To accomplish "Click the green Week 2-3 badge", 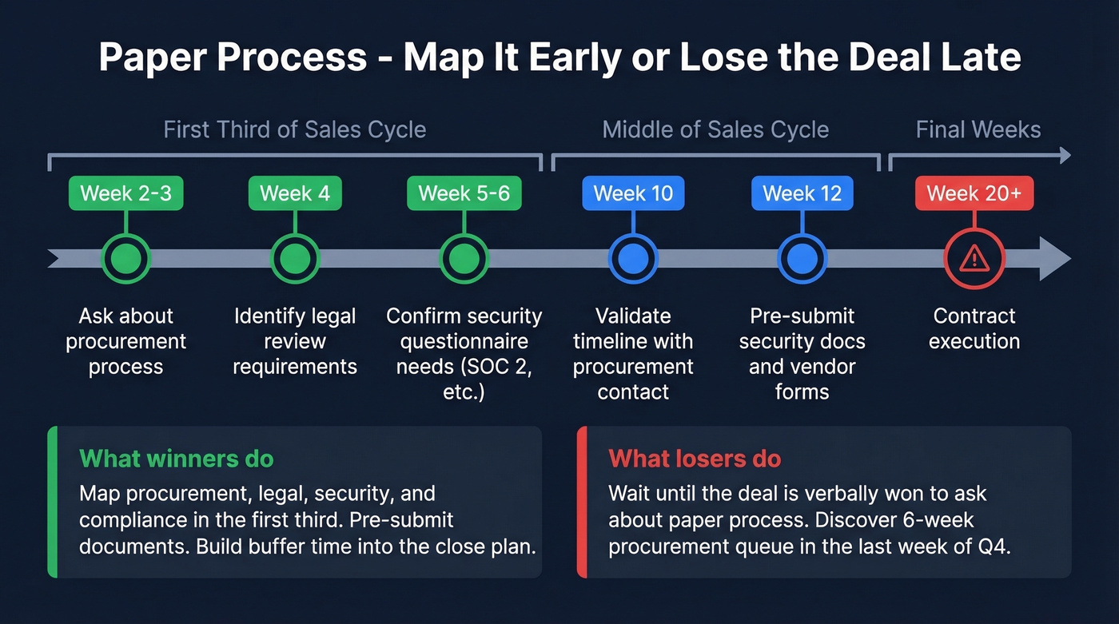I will click(x=126, y=193).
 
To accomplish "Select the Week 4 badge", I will click(x=295, y=193).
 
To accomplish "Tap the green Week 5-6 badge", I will click(x=464, y=193).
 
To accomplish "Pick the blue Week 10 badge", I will click(x=633, y=193).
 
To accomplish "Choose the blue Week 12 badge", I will click(x=802, y=193).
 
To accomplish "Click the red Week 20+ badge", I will click(x=974, y=193).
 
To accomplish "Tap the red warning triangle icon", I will click(x=974, y=258).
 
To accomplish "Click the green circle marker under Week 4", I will click(x=295, y=258).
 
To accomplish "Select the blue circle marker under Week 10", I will click(x=633, y=258).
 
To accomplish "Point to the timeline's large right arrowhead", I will click(x=1053, y=258).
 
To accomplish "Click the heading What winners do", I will click(x=177, y=459).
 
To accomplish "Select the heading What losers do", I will click(x=695, y=459).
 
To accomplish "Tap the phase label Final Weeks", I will click(x=978, y=129).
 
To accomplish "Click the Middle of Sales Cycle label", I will click(x=715, y=129).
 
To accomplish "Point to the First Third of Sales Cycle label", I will click(x=295, y=129).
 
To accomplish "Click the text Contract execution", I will click(x=974, y=328).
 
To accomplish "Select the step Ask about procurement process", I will click(x=126, y=341).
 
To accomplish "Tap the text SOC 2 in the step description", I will click(x=511, y=367).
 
